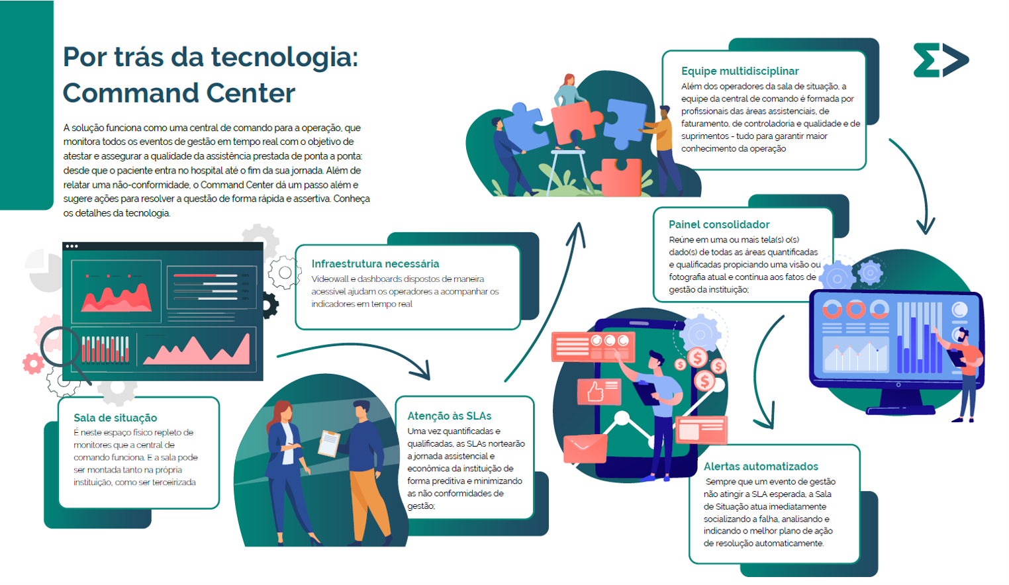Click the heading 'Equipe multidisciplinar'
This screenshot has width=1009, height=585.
(740, 71)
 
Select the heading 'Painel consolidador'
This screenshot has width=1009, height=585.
(718, 224)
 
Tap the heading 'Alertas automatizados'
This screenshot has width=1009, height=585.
(761, 467)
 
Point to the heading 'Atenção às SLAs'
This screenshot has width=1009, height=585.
(449, 416)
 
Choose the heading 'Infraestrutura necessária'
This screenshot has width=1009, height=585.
(375, 263)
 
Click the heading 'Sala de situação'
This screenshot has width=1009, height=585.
(115, 418)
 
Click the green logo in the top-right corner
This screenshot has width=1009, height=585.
(940, 60)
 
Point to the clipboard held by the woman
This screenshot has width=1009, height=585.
(329, 443)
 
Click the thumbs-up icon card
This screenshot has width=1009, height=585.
(599, 391)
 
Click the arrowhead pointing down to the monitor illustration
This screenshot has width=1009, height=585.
(925, 227)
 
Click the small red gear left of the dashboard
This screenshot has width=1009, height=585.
(33, 363)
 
